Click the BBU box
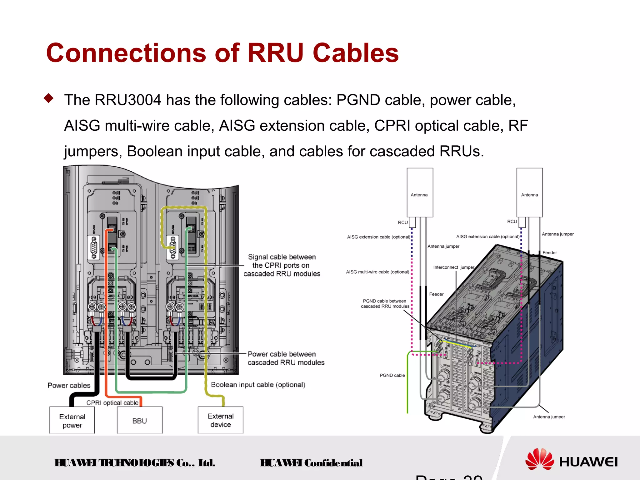click(x=140, y=421)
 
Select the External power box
click(x=72, y=421)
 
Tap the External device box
click(x=220, y=420)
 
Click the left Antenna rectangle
click(x=420, y=193)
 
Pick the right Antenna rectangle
click(x=529, y=193)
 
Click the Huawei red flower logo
click(x=539, y=459)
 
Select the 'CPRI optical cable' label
click(x=112, y=403)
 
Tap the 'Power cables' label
click(x=69, y=385)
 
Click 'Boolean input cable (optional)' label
click(x=258, y=385)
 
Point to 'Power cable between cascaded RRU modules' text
click(x=286, y=358)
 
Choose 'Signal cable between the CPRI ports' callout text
click(x=282, y=265)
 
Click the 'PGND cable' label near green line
click(x=392, y=375)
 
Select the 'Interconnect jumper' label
click(x=453, y=267)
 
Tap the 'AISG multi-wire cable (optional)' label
click(x=377, y=272)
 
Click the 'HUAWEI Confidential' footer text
click(x=311, y=463)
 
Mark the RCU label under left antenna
click(x=402, y=222)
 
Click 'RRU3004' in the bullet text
click(x=128, y=100)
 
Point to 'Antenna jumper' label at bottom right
click(x=549, y=417)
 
